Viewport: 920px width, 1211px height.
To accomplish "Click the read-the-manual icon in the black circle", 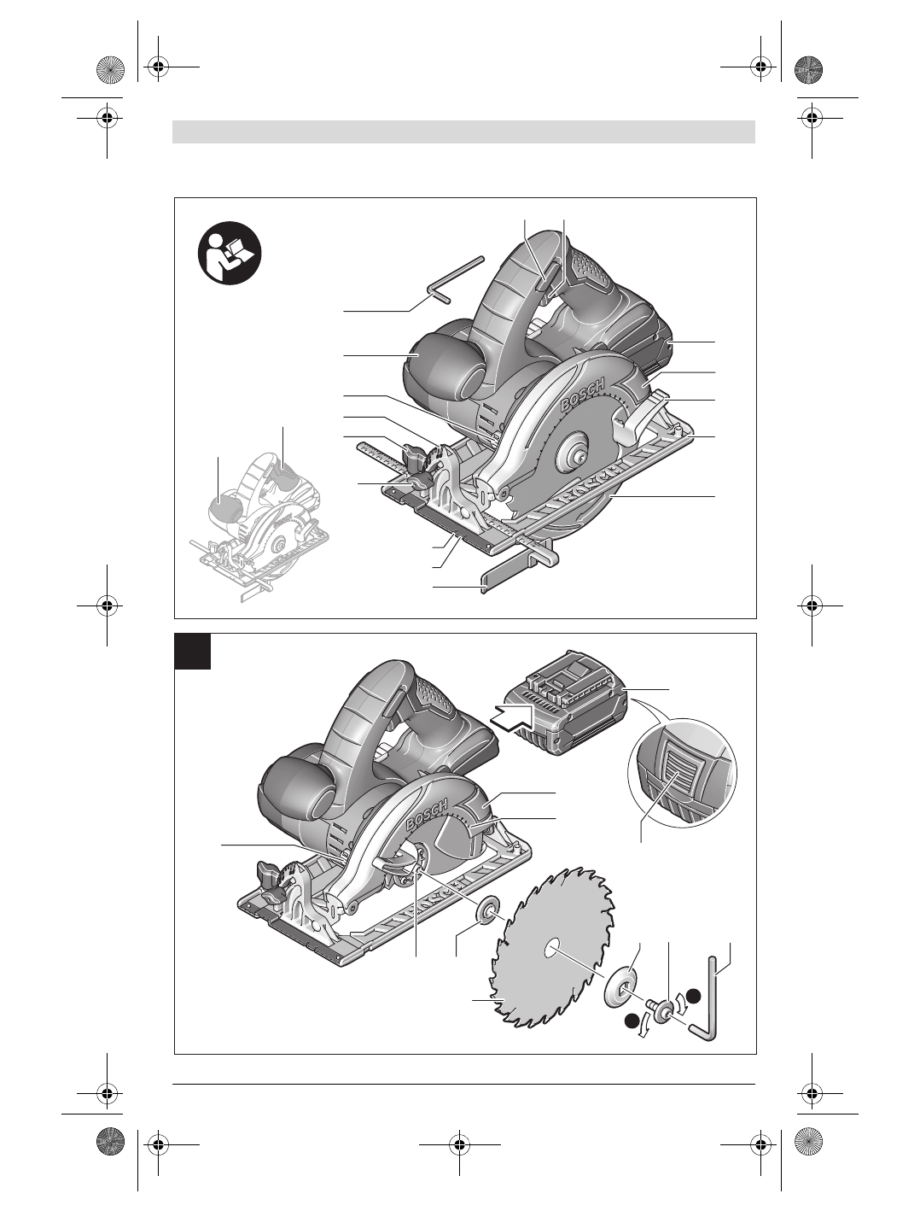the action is [x=230, y=253].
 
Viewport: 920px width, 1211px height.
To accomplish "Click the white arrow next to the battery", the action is [x=511, y=717].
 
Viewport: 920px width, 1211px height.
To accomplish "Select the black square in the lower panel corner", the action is [x=193, y=651].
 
